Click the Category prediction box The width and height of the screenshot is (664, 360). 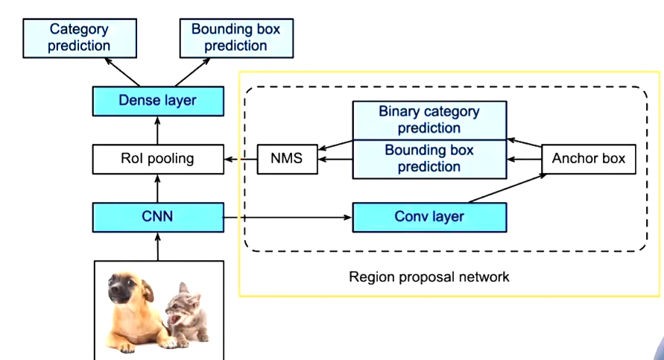click(x=78, y=38)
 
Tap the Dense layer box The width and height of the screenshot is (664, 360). click(x=157, y=101)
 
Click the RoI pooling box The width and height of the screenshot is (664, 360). click(x=157, y=158)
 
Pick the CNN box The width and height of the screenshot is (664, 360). click(x=157, y=217)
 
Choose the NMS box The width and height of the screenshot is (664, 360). click(x=287, y=159)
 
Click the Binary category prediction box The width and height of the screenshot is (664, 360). click(x=429, y=120)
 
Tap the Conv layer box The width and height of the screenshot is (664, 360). click(x=429, y=217)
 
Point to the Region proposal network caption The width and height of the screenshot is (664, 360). click(x=429, y=277)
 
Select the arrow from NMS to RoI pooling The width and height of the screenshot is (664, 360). click(x=241, y=159)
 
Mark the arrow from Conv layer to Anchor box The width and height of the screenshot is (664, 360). click(x=507, y=188)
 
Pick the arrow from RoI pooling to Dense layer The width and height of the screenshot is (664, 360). click(x=157, y=130)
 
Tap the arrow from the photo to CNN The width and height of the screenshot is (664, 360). click(x=157, y=246)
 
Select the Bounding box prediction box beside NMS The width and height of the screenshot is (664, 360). click(x=429, y=159)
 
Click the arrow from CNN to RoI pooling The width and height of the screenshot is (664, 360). click(x=157, y=187)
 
